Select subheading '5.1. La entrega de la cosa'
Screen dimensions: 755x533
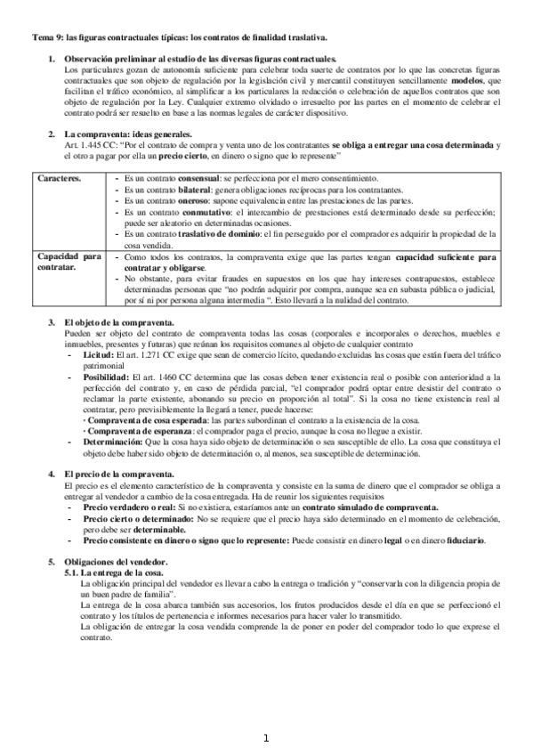pos(116,572)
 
